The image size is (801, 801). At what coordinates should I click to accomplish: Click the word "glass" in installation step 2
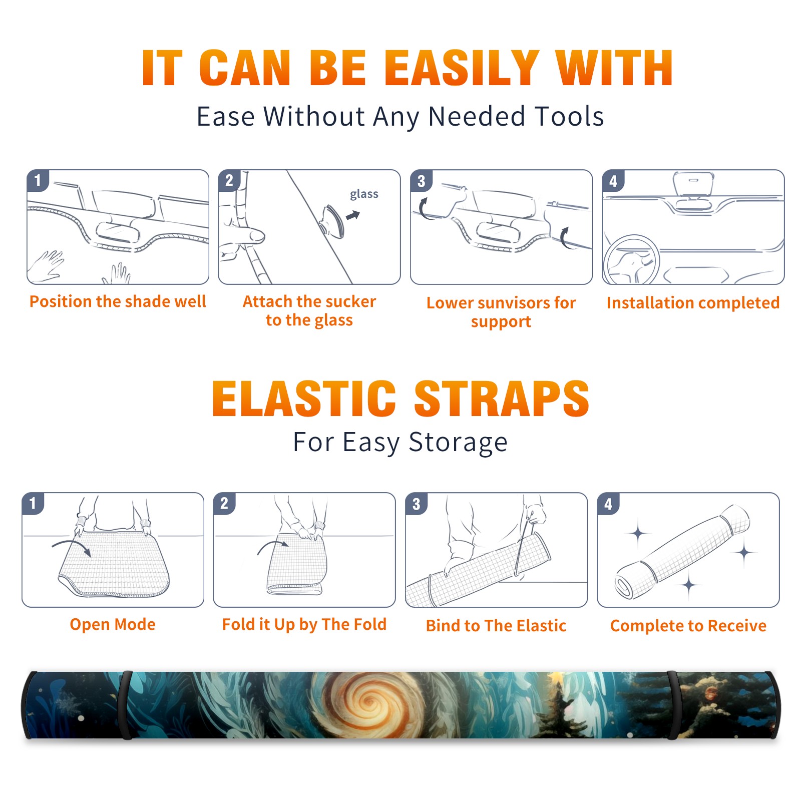(364, 194)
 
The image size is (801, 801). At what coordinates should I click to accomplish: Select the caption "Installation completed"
(693, 303)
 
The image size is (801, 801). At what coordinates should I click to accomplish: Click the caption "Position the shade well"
(118, 301)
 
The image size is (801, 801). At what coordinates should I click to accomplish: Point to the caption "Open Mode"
(113, 624)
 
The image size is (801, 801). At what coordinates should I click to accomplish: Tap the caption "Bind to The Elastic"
(496, 626)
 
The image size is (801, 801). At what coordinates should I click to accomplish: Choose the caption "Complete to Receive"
(688, 626)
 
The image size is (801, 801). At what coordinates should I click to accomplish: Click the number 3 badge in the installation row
(421, 181)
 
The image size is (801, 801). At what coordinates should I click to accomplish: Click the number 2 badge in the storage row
(224, 503)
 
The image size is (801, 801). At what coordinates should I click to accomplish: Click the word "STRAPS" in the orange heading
(502, 398)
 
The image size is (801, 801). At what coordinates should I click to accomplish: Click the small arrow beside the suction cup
(353, 215)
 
